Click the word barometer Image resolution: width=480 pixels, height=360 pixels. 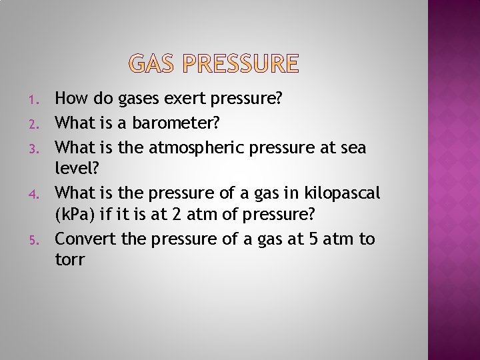click(x=169, y=122)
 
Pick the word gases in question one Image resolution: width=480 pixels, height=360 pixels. click(x=138, y=99)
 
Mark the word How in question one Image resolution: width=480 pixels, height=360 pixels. click(x=69, y=99)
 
